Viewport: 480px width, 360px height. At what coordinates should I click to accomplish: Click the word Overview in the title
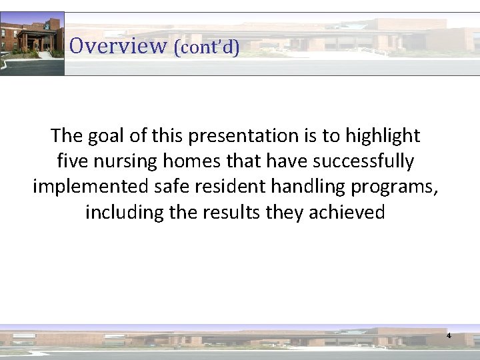[x=117, y=45]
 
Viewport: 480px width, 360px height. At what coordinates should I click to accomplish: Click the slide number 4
[x=449, y=336]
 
